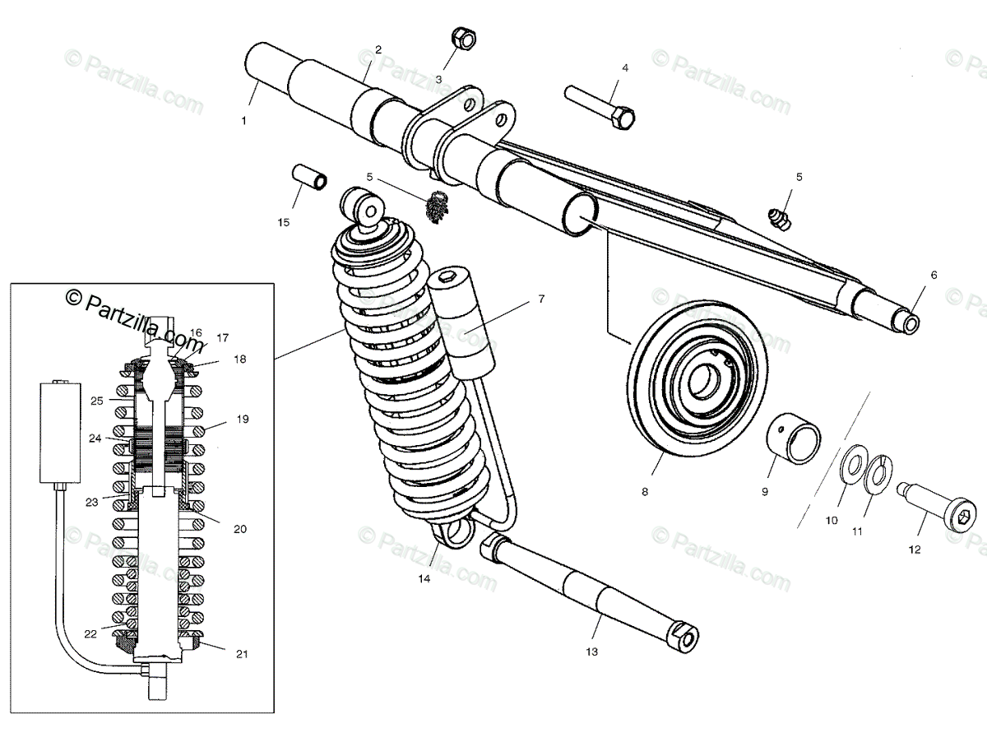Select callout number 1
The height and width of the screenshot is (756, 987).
[243, 121]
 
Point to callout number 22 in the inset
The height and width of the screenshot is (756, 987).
[90, 633]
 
